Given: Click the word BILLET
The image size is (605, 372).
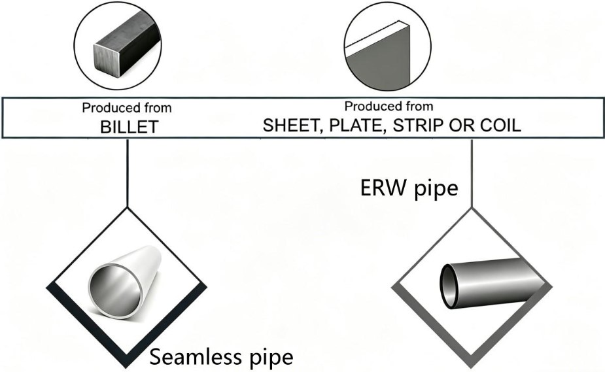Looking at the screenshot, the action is pyautogui.click(x=130, y=127).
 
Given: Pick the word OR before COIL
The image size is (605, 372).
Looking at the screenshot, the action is pyautogui.click(x=462, y=126).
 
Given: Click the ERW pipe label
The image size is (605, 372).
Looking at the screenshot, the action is pyautogui.click(x=409, y=188).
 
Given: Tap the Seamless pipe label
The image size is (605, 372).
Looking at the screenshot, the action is pyautogui.click(x=221, y=356).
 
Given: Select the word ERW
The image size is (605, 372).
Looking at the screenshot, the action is pyautogui.click(x=383, y=188).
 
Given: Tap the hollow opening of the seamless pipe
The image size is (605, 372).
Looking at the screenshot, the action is pyautogui.click(x=115, y=291).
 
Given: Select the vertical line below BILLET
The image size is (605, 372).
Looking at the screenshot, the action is pyautogui.click(x=128, y=173).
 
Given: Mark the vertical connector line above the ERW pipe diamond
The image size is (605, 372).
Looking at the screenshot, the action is pyautogui.click(x=472, y=173).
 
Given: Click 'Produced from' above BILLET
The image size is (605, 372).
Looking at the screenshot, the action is pyautogui.click(x=126, y=108).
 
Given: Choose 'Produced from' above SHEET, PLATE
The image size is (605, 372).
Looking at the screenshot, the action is pyautogui.click(x=389, y=106).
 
